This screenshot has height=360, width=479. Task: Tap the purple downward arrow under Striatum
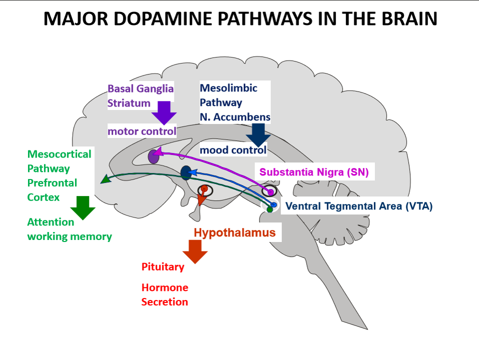click(x=163, y=112)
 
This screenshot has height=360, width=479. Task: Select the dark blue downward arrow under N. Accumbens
click(x=258, y=134)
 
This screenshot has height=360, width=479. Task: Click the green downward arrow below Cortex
click(x=82, y=207)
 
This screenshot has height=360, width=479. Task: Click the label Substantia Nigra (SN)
click(x=313, y=172)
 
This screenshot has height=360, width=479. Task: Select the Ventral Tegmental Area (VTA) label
click(x=358, y=205)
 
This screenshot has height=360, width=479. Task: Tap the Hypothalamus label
click(x=234, y=232)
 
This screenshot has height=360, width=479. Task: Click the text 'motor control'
click(x=142, y=131)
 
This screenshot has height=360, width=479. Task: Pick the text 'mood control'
click(x=233, y=149)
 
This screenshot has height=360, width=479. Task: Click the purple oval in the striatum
click(x=153, y=156)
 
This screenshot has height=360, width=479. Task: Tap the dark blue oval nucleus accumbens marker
click(x=186, y=173)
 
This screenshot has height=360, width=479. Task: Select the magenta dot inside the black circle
click(x=270, y=192)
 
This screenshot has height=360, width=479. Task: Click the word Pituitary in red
click(x=162, y=267)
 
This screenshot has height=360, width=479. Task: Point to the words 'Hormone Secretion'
click(x=164, y=294)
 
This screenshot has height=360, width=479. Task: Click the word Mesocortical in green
click(x=59, y=154)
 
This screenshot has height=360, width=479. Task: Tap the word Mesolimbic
click(x=228, y=88)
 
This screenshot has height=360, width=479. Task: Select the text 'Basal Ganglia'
click(x=140, y=88)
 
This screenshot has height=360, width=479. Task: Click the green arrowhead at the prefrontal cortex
click(x=103, y=180)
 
